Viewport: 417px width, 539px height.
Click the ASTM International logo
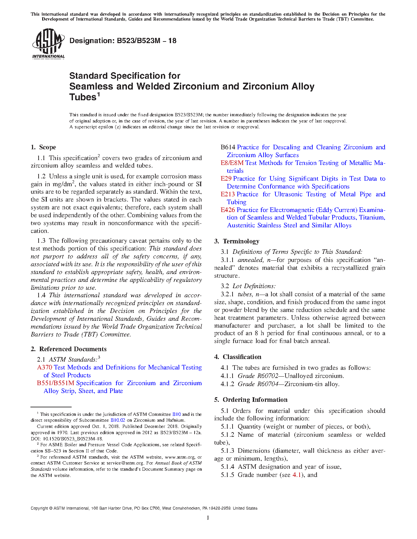click(x=48, y=43)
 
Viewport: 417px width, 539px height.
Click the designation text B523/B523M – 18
click(x=123, y=41)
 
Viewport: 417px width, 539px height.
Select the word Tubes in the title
click(x=82, y=97)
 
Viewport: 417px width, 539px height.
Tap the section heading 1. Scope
click(x=43, y=147)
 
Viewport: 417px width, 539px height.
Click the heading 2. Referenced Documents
click(x=69, y=349)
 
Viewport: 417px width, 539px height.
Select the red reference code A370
click(x=45, y=367)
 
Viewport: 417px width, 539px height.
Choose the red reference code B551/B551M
click(x=56, y=383)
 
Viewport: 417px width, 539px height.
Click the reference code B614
click(x=228, y=147)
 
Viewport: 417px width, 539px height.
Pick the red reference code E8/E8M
click(x=232, y=163)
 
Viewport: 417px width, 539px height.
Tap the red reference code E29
click(x=226, y=179)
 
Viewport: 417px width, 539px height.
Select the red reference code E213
click(x=228, y=194)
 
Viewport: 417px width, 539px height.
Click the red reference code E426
click(x=228, y=210)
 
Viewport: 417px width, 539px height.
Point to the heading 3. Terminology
click(x=237, y=241)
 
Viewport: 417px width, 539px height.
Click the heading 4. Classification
click(x=238, y=357)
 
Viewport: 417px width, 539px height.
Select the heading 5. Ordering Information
click(x=251, y=400)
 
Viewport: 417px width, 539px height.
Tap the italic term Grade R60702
click(x=258, y=376)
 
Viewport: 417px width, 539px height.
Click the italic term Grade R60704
click(x=258, y=384)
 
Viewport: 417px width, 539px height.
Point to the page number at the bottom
click(x=208, y=518)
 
